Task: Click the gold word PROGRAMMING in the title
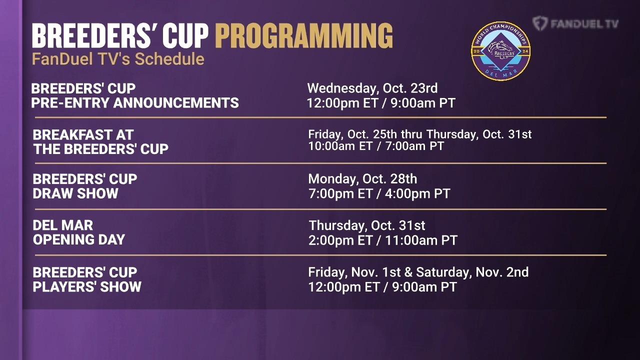click(x=304, y=35)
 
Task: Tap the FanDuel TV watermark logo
click(x=575, y=23)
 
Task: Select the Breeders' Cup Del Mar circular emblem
click(x=500, y=51)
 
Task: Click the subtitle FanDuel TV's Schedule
click(x=118, y=59)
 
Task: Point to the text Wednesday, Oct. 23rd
click(x=372, y=88)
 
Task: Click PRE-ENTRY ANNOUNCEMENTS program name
click(x=135, y=103)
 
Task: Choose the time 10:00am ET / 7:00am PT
click(x=376, y=146)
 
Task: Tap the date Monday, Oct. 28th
click(x=362, y=179)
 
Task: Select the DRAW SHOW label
click(x=75, y=193)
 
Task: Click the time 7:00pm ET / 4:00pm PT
click(x=379, y=193)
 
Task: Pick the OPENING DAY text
click(x=79, y=239)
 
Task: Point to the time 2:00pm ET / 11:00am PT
click(x=383, y=240)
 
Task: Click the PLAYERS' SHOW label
click(x=87, y=287)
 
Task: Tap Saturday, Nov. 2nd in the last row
click(x=472, y=272)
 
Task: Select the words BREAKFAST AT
click(x=83, y=135)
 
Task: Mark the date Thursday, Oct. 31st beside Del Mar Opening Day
click(x=367, y=225)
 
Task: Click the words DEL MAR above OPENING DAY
click(x=63, y=225)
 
